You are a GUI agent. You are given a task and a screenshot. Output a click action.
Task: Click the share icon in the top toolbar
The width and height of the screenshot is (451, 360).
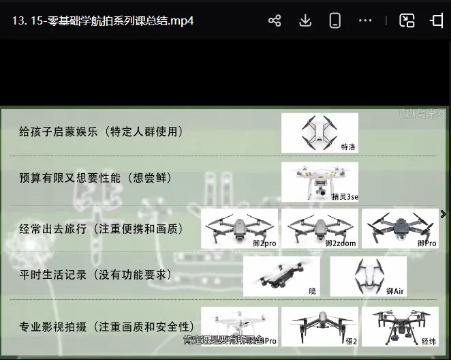(275, 20)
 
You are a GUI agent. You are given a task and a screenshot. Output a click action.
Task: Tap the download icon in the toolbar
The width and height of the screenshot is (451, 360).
(305, 20)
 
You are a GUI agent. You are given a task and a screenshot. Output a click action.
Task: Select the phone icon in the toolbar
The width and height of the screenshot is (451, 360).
(335, 20)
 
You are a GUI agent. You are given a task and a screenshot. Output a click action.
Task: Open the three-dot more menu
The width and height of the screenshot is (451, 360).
(366, 20)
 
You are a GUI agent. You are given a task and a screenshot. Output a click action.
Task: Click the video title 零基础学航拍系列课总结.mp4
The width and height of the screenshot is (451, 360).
(102, 20)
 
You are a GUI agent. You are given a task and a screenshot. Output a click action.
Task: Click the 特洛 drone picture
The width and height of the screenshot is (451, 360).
(320, 132)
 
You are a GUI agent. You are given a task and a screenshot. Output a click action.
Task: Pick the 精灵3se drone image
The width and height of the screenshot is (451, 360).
(320, 181)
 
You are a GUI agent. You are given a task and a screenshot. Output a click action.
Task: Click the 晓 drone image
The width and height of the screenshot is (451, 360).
(281, 276)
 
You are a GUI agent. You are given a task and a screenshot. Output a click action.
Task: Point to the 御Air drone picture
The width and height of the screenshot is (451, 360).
(368, 276)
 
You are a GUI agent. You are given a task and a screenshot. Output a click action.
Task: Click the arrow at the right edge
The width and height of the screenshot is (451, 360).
(444, 214)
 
